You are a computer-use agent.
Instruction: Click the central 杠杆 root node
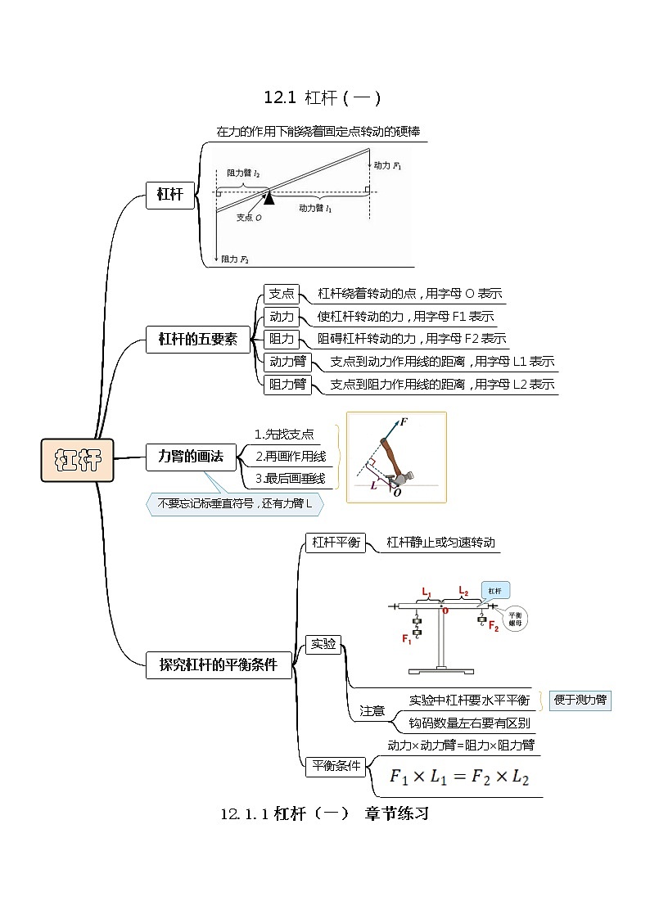(78, 460)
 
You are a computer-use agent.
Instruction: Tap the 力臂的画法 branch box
(191, 457)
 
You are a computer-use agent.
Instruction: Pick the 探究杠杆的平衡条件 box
(219, 664)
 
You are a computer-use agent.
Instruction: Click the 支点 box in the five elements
(282, 294)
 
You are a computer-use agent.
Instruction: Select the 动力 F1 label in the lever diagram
(388, 165)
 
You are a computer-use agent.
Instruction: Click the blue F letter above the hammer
(404, 422)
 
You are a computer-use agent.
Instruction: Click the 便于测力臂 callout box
(580, 700)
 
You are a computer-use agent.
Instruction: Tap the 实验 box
(323, 644)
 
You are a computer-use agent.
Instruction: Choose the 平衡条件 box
(334, 767)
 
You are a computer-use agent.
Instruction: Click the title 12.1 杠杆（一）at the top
(322, 98)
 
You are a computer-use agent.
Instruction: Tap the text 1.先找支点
(284, 435)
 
